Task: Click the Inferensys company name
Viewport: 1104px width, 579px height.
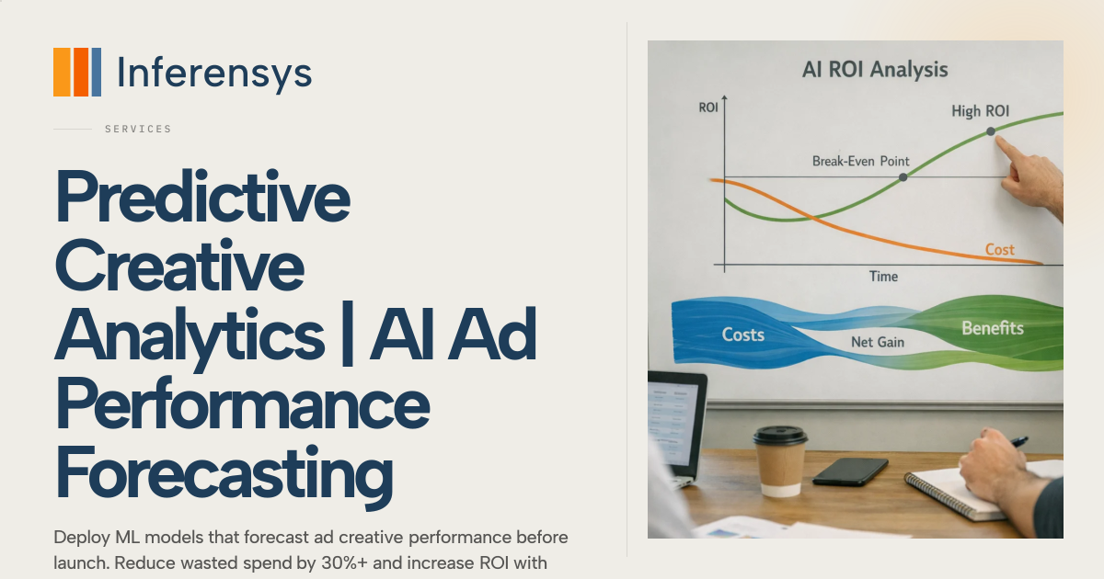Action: click(214, 74)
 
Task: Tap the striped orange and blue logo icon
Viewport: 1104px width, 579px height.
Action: click(77, 72)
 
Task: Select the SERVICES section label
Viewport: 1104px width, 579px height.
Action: click(138, 129)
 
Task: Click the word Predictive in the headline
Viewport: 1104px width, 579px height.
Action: click(203, 197)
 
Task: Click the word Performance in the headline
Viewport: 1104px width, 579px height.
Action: click(243, 403)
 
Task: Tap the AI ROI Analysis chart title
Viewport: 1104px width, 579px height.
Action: click(875, 70)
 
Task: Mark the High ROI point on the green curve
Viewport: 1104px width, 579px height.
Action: click(991, 131)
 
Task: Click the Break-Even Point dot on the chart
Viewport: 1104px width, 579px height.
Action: click(903, 177)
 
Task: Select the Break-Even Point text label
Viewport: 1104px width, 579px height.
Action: click(860, 161)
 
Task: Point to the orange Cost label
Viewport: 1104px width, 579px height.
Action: click(999, 250)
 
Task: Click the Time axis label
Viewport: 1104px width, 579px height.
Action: click(883, 277)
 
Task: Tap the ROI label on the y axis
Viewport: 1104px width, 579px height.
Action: click(708, 108)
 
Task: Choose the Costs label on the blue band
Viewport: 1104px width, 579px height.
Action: click(742, 335)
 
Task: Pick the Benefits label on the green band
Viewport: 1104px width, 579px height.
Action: click(993, 328)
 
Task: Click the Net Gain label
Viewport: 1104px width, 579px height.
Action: click(878, 342)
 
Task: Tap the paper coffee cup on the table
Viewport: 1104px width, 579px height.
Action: click(780, 460)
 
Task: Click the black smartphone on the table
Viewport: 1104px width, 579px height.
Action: click(850, 471)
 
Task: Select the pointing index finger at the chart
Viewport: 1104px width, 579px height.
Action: click(1008, 151)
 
